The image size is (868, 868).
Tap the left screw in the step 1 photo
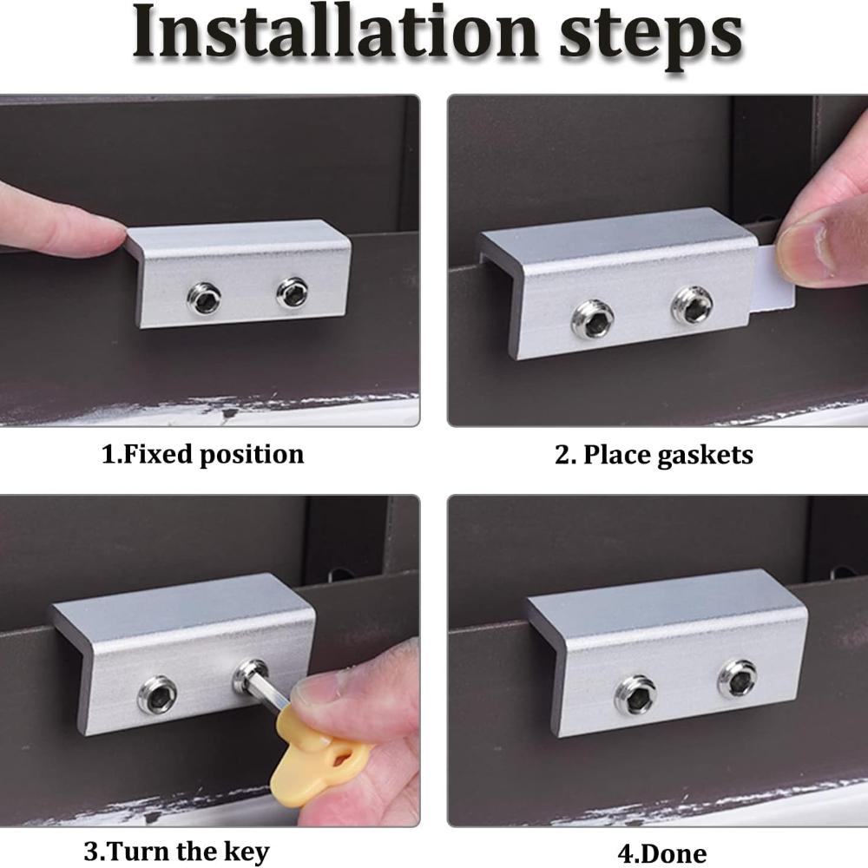pyautogui.click(x=204, y=299)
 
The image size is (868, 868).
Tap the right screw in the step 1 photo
pyautogui.click(x=293, y=293)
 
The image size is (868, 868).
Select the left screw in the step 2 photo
pyautogui.click(x=593, y=319)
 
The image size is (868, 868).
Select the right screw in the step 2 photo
pyautogui.click(x=692, y=305)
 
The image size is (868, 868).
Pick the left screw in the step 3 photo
pyautogui.click(x=158, y=694)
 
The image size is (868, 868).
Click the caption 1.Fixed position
pyautogui.click(x=202, y=455)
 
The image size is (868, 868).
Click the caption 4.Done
pyautogui.click(x=662, y=853)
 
